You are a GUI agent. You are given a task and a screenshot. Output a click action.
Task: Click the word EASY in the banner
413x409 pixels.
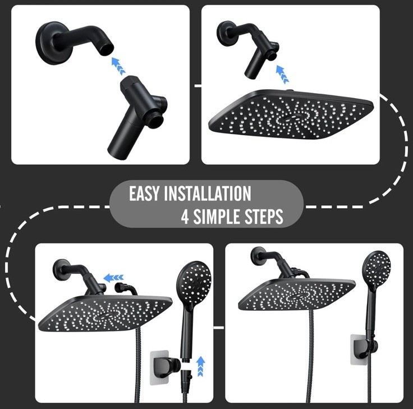click(144, 194)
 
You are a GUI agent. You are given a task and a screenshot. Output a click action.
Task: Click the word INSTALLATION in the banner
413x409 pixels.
click(208, 194)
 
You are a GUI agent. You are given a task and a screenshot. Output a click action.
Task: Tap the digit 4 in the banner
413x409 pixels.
click(185, 217)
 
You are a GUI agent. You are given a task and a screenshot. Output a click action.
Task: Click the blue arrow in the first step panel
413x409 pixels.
click(118, 66)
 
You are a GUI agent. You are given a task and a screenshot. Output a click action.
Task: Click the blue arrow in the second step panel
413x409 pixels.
click(282, 74)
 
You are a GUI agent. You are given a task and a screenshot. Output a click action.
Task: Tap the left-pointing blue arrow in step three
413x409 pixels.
click(113, 277)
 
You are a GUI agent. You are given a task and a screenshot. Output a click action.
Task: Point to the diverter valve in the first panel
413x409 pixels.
click(137, 117)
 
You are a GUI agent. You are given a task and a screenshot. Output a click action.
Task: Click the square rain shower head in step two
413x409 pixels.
click(291, 115)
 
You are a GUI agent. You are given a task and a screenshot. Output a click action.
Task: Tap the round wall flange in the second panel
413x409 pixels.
click(227, 34)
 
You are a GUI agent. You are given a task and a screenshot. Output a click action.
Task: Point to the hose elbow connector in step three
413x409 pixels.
click(126, 288)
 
